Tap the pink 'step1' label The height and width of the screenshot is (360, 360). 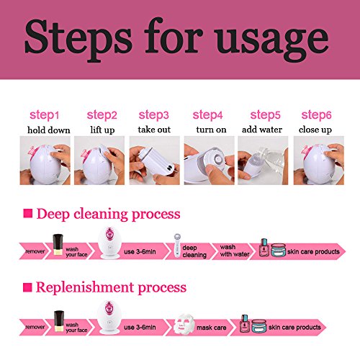click(44, 115)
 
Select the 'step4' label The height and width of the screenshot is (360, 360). click(207, 115)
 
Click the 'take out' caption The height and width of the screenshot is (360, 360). click(154, 130)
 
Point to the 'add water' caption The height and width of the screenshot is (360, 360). click(262, 130)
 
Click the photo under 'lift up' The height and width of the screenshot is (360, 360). click(99, 161)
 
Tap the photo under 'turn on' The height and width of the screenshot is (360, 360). click(209, 161)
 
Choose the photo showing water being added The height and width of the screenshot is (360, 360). click(263, 161)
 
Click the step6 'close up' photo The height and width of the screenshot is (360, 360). click(319, 161)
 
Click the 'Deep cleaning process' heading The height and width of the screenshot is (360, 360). click(108, 214)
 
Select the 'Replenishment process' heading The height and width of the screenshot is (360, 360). click(111, 287)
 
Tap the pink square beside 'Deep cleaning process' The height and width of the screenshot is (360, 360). click(28, 213)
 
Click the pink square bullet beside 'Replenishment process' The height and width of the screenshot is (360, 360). click(27, 287)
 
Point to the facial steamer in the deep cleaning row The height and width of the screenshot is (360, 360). click(109, 243)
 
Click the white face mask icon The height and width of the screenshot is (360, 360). click(184, 324)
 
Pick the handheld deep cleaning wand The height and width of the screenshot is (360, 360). click(177, 246)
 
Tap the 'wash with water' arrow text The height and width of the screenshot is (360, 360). click(235, 251)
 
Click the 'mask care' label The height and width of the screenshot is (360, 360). click(212, 328)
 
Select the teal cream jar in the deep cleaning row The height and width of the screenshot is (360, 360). click(279, 250)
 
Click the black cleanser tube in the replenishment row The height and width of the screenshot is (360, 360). click(59, 321)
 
